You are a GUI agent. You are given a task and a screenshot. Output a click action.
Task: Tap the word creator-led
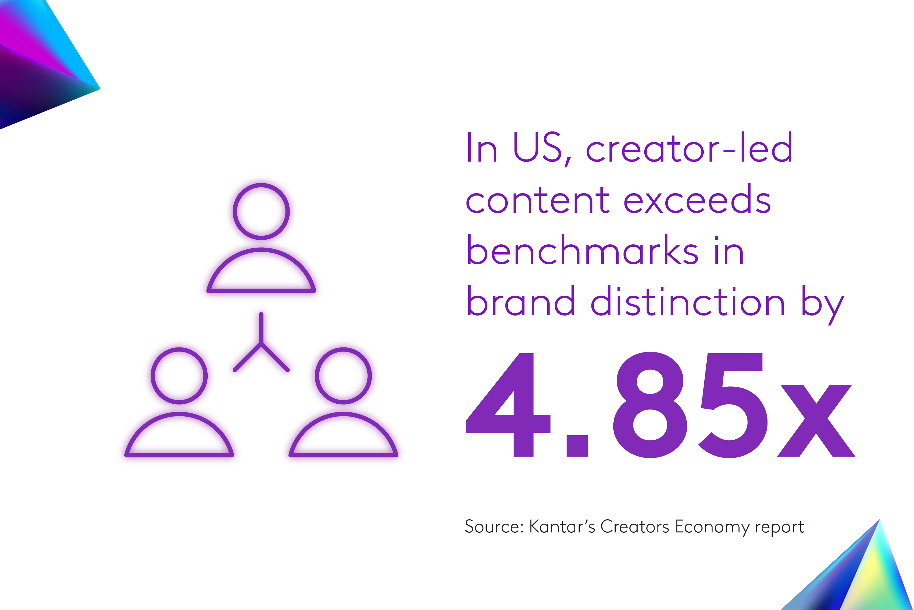689,148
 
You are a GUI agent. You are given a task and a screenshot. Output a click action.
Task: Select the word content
538,200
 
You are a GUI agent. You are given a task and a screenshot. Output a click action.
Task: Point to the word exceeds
697,200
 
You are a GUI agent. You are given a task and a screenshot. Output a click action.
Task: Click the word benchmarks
582,251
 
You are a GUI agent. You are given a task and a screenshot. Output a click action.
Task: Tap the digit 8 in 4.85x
650,405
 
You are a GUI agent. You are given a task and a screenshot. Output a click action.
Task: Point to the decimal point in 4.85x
577,445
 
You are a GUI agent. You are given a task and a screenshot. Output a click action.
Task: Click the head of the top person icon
261,212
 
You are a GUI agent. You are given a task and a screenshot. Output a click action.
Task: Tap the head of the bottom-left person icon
179,376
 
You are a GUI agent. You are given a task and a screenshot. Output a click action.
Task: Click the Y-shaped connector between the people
261,346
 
